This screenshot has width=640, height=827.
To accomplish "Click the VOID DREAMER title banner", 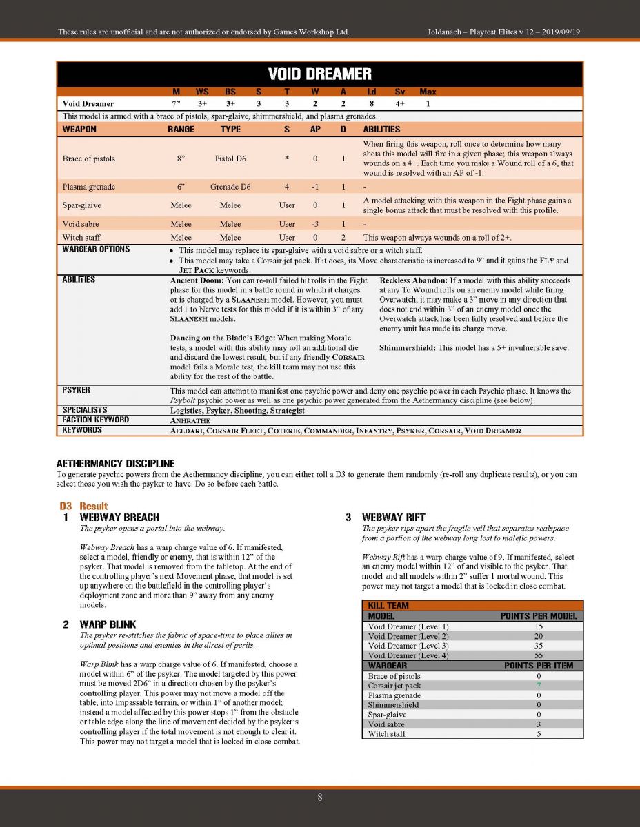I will (x=319, y=74).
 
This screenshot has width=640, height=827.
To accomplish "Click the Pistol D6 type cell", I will (x=230, y=159).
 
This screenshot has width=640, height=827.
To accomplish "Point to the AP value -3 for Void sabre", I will (x=314, y=224).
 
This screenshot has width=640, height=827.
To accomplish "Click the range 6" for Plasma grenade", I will (x=181, y=187).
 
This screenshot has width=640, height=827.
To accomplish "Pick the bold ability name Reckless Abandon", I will (x=412, y=280).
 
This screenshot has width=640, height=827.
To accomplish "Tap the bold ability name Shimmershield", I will (x=407, y=348).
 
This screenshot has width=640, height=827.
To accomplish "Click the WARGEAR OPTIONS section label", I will (x=96, y=249).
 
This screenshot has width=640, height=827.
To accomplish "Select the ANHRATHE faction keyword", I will (x=190, y=420).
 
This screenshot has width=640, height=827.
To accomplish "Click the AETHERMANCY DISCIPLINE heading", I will (x=115, y=464).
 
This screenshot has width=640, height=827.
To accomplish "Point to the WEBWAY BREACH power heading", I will (x=119, y=517).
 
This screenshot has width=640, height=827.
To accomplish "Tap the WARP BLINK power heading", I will (x=108, y=624).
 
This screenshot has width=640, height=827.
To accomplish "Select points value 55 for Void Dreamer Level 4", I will (x=538, y=655).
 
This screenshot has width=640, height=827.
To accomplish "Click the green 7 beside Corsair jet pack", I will (x=538, y=686).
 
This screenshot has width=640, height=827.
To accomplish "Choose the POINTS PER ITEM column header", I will (x=540, y=666).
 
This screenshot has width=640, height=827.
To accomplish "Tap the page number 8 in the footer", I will (x=319, y=797).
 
